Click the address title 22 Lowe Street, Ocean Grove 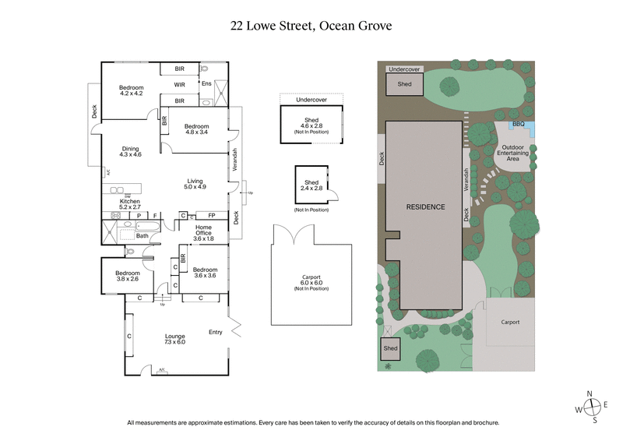(x=311, y=25)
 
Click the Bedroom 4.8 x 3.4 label (x=195, y=129)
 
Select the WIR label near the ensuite (x=179, y=84)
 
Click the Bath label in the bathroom (x=142, y=235)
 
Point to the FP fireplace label (x=210, y=215)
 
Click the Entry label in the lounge (x=215, y=333)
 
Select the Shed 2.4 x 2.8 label (x=311, y=185)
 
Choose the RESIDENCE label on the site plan (x=425, y=207)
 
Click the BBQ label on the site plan (x=517, y=124)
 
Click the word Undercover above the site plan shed (x=404, y=69)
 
